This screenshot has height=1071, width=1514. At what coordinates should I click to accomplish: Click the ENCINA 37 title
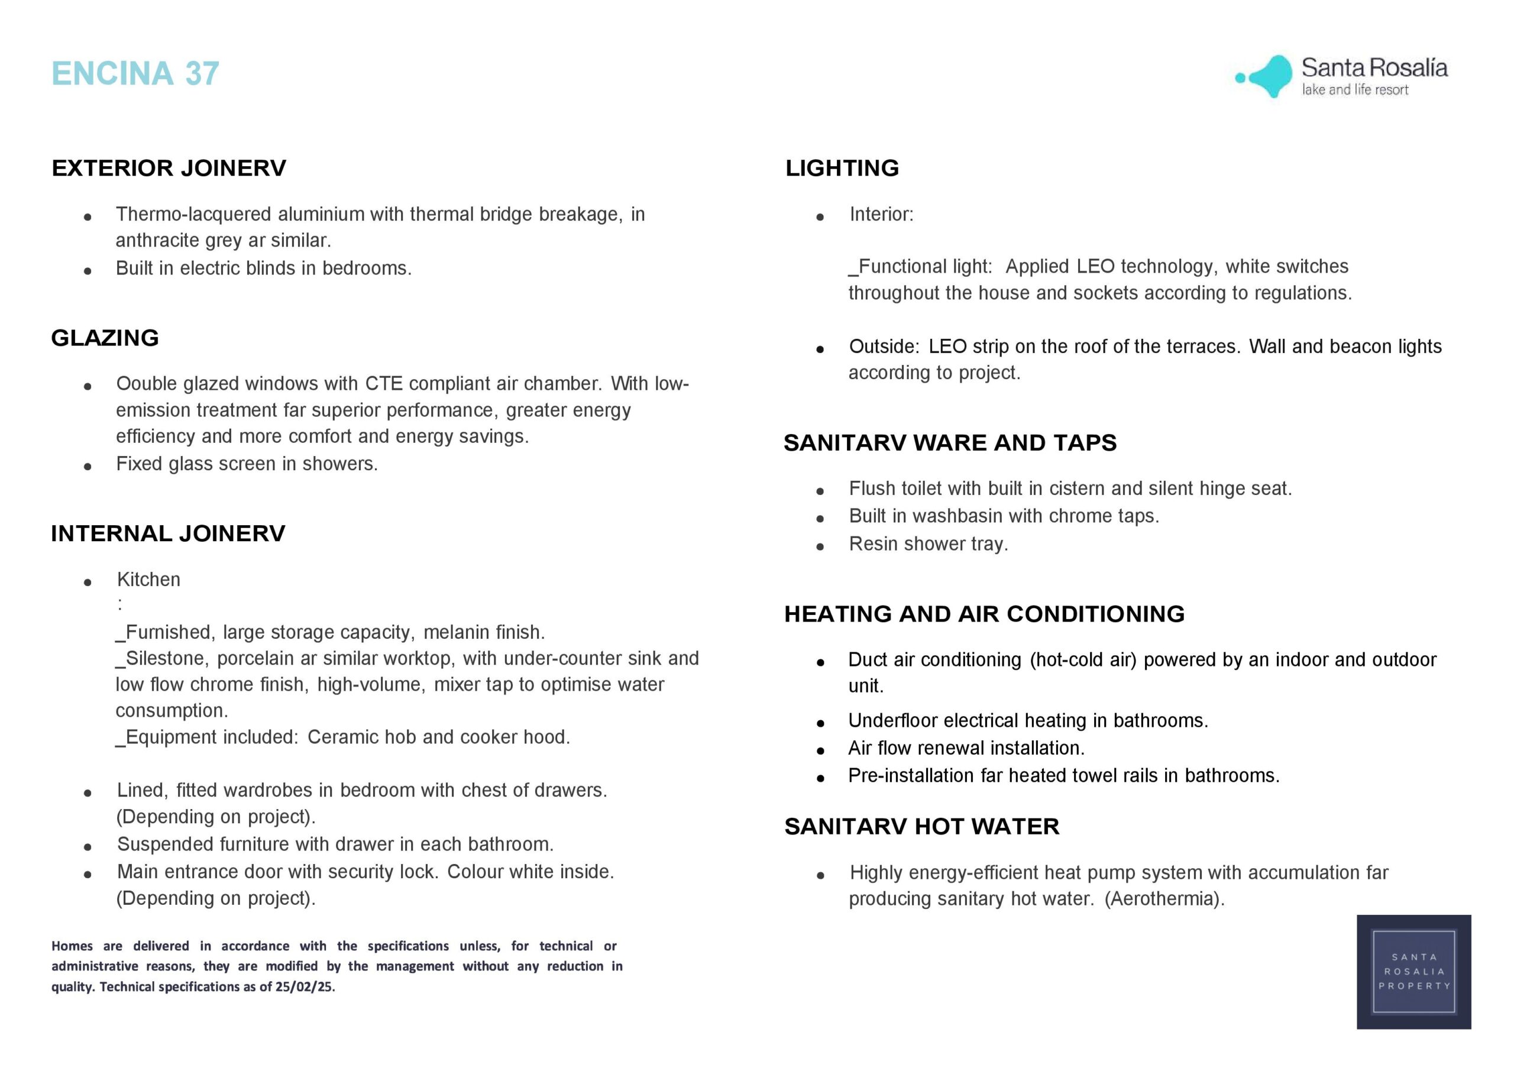(135, 73)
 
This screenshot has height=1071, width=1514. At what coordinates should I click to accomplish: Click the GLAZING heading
(105, 338)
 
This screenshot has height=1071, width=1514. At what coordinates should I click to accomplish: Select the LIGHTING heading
(842, 168)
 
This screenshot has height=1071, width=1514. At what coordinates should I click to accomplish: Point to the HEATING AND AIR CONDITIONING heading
(984, 614)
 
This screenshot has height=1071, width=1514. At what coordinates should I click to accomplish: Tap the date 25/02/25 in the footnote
(305, 987)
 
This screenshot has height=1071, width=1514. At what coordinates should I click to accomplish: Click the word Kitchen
(148, 580)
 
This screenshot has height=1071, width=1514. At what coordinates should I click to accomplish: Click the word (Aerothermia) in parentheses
(1164, 899)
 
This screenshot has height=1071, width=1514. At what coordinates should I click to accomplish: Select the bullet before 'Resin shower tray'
(820, 546)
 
